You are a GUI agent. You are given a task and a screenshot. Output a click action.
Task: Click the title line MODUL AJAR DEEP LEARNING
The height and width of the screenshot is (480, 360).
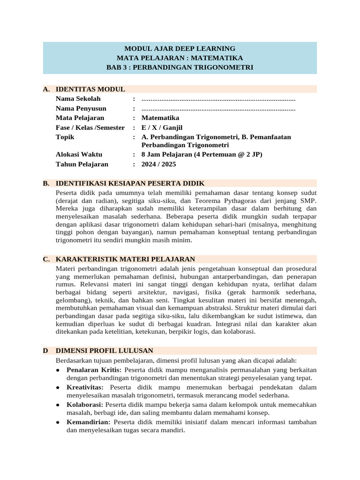[x=180, y=48]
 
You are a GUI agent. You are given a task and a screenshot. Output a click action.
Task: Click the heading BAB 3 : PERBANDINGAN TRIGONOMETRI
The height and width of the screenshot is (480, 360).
[x=180, y=67]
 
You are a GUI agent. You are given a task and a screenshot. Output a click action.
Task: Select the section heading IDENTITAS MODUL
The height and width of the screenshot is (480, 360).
[x=90, y=89]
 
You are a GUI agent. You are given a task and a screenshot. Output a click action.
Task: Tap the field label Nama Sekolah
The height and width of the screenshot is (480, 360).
[x=78, y=99]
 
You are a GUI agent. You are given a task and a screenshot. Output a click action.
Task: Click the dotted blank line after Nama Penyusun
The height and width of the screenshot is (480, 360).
[x=218, y=109]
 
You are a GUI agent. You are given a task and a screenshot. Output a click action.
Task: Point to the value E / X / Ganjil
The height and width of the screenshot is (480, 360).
[x=162, y=127]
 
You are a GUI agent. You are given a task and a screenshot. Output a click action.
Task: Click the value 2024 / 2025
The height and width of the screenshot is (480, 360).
[x=159, y=164]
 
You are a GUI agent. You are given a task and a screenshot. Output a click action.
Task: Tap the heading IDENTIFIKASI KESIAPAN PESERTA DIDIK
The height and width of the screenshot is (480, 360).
[x=130, y=183]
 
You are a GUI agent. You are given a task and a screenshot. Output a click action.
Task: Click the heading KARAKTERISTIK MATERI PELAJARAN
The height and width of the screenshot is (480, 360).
[x=125, y=259]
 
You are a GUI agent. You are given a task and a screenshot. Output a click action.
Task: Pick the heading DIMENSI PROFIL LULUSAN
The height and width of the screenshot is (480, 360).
[x=104, y=351]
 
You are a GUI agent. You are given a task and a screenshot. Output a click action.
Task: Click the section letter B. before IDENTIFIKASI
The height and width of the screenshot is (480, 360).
[x=46, y=183]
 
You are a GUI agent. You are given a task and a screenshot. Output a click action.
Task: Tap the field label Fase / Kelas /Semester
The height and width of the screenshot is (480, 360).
[x=90, y=127]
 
